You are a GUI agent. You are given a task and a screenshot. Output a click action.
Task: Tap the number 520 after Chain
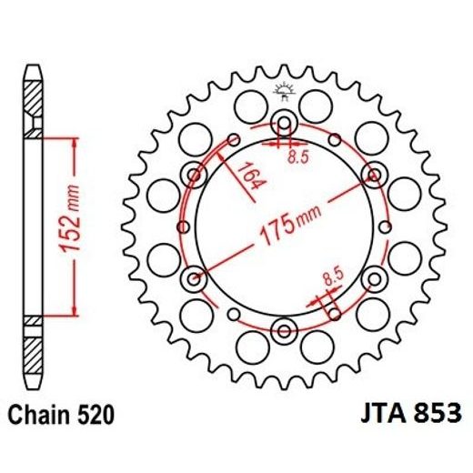97,416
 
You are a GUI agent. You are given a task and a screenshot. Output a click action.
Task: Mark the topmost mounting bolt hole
283,124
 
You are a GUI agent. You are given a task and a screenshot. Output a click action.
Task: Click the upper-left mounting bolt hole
194,175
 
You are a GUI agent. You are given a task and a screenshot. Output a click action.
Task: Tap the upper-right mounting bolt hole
372,175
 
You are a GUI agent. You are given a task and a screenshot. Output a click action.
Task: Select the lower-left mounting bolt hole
194,277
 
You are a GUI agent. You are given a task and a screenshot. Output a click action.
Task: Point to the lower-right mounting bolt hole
372,277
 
